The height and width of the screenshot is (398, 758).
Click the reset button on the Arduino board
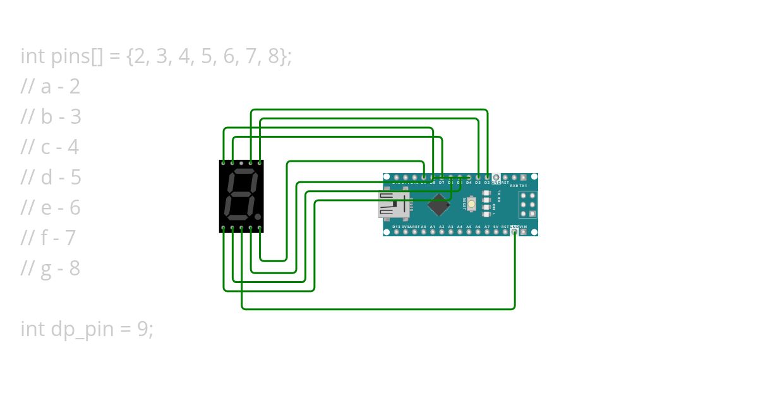[x=471, y=204]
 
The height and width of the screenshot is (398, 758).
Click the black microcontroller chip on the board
[x=438, y=205]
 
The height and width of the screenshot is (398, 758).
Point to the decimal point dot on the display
[x=258, y=217]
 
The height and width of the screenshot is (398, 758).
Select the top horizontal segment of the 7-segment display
[x=243, y=172]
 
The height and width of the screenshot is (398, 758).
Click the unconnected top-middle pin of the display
[x=241, y=163]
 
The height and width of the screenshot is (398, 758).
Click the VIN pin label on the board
[x=523, y=226]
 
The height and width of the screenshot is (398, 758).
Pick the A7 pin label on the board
[x=487, y=226]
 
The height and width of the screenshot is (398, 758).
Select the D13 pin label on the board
[x=396, y=226]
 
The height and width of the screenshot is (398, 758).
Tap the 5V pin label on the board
[x=496, y=226]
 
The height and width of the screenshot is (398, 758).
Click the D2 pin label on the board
[x=487, y=183]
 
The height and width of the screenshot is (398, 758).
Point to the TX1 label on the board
[x=523, y=186]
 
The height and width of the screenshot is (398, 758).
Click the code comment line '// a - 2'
[x=51, y=87]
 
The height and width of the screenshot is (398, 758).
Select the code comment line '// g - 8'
[x=51, y=268]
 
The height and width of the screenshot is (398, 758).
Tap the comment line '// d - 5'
[x=51, y=178]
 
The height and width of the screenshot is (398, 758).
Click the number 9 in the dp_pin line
[x=143, y=329]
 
